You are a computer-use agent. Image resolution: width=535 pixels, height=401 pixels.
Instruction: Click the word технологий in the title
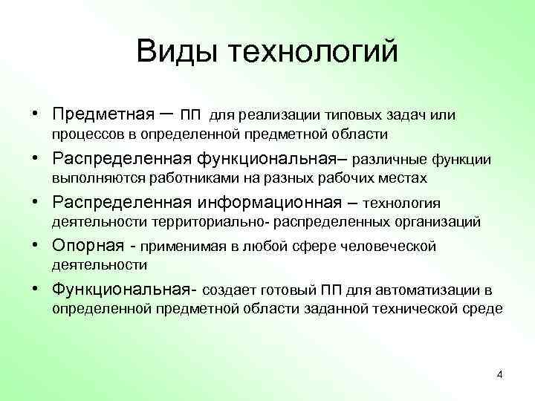point(314,52)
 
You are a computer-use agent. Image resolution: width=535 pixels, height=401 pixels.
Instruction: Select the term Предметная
point(102,115)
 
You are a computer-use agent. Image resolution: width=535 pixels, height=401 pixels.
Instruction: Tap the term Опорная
point(83,245)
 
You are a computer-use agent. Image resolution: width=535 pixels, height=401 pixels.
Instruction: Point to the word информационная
point(269,202)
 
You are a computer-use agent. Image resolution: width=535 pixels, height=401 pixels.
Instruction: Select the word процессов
point(83,134)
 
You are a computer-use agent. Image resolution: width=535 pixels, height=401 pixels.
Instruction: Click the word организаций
point(438,221)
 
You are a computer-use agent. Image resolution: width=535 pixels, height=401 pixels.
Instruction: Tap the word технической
point(422,308)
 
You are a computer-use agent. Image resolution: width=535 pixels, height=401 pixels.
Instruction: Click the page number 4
point(499,374)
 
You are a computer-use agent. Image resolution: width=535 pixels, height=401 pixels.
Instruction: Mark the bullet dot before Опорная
point(36,245)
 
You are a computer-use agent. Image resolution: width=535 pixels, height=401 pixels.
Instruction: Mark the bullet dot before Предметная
point(36,115)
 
